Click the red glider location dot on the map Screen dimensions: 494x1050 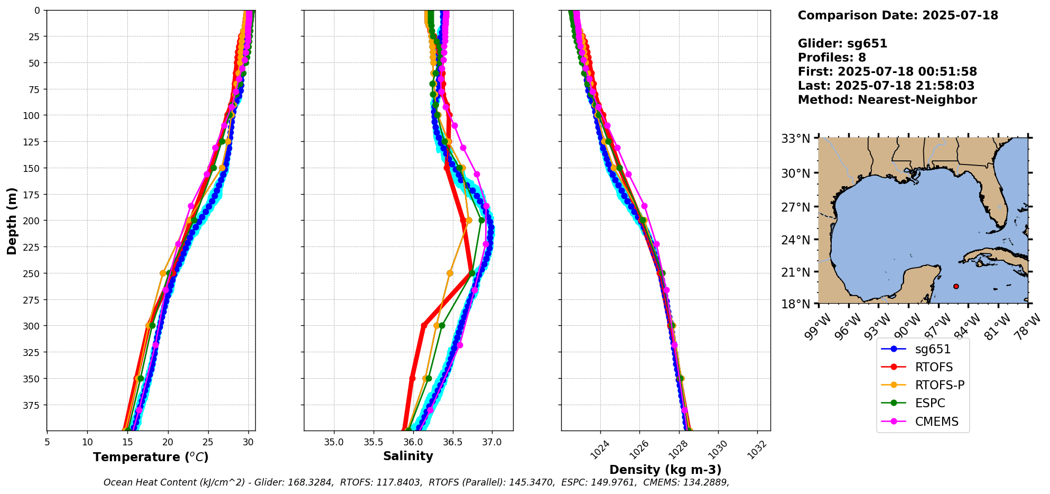pyautogui.click(x=956, y=286)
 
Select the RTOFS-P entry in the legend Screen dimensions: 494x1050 pyautogui.click(x=940, y=385)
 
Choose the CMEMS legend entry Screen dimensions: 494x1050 pyautogui.click(x=936, y=422)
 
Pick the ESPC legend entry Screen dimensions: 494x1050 pyautogui.click(x=930, y=403)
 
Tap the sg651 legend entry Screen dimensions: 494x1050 pyautogui.click(x=933, y=349)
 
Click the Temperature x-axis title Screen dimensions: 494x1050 pyautogui.click(x=151, y=457)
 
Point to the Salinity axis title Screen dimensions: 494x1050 pyautogui.click(x=408, y=456)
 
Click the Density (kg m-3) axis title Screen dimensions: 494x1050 pyautogui.click(x=665, y=470)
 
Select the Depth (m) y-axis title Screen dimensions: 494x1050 pyautogui.click(x=12, y=221)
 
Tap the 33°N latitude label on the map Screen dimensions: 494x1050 pyautogui.click(x=796, y=139)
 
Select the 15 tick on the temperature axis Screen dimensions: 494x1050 pyautogui.click(x=127, y=442)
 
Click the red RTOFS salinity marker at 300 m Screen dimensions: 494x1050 pyautogui.click(x=424, y=325)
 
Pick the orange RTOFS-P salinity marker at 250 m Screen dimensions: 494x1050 pyautogui.click(x=450, y=273)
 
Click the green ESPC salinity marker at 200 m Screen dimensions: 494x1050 pyautogui.click(x=481, y=220)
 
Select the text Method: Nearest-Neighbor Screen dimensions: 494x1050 pyautogui.click(x=887, y=100)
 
